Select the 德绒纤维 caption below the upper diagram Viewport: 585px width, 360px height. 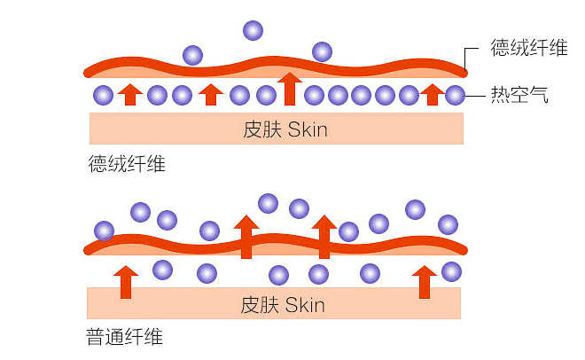click(126, 164)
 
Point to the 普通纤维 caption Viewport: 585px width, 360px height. click(125, 337)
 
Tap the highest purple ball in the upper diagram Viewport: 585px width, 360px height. click(253, 31)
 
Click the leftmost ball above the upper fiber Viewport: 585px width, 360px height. click(192, 56)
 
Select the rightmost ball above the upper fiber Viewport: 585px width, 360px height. click(321, 51)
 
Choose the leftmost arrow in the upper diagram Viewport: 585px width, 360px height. click(130, 93)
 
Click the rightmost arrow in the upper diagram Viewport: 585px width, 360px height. click(432, 93)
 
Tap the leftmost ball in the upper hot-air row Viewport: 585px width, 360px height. click(103, 95)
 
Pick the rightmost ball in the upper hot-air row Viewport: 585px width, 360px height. click(455, 95)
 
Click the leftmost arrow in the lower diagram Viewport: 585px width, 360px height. click(127, 280)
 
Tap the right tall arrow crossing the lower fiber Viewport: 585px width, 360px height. click(324, 236)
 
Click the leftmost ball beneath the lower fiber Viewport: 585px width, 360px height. click(162, 269)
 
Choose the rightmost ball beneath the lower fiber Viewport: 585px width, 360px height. click(451, 271)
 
